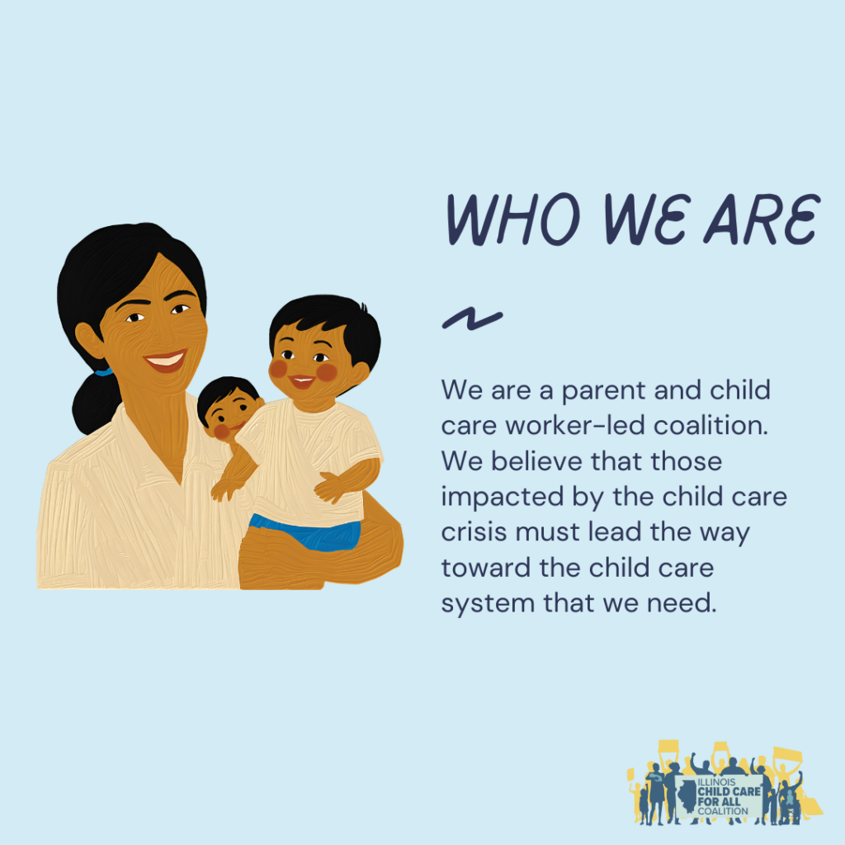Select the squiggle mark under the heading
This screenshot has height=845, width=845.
(472, 319)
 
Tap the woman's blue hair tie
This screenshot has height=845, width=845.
(103, 372)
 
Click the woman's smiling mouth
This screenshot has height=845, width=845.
(165, 359)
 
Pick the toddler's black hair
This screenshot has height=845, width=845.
(326, 318)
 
